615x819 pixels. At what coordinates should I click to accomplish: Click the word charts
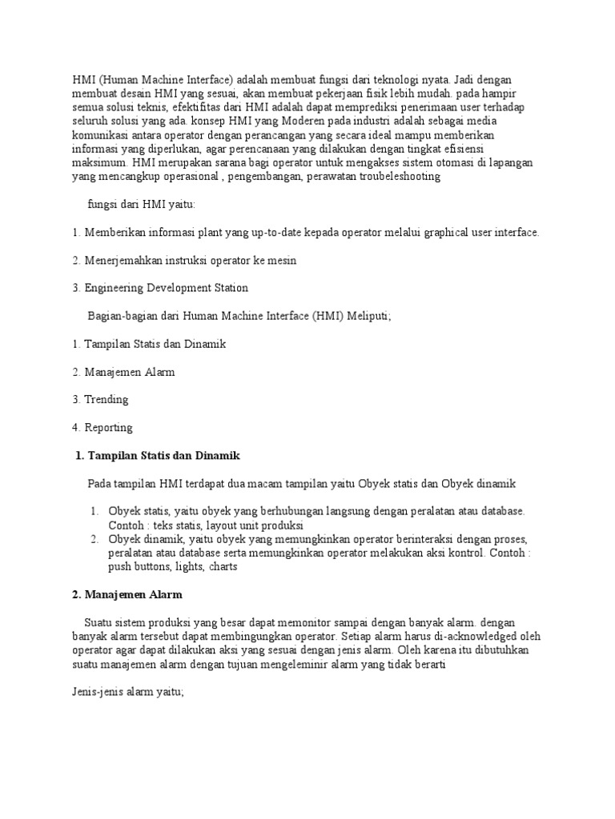point(222,566)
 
